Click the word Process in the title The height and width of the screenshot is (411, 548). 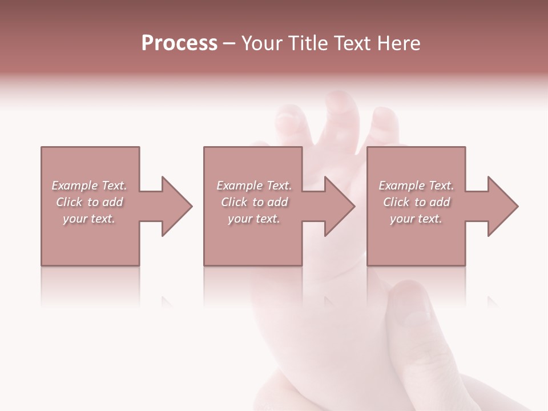179,43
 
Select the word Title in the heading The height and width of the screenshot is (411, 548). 308,43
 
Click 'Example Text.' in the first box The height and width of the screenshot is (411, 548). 89,186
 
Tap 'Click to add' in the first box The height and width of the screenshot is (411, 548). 90,202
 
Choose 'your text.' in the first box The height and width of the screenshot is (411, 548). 89,219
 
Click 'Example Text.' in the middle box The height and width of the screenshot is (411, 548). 254,186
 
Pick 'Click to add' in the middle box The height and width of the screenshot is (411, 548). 254,202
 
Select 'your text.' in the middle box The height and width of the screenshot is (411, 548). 253,219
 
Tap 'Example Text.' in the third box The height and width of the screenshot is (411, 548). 416,186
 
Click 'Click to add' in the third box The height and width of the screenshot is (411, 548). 417,202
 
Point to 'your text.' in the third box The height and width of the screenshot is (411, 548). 416,219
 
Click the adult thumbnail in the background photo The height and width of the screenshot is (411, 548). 409,308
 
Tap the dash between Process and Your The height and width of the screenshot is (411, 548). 229,44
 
